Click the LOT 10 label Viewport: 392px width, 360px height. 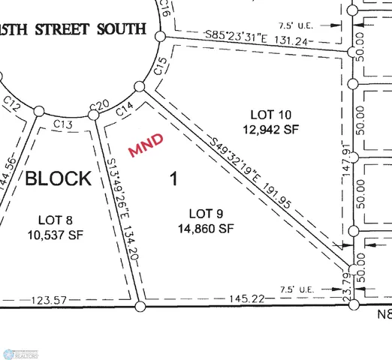[x=271, y=115]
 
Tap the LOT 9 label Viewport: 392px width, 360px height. [x=202, y=212]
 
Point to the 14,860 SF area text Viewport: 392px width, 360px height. [x=202, y=228]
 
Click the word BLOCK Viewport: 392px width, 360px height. [x=59, y=178]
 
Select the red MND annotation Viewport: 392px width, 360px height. [x=146, y=145]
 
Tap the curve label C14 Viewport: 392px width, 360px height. [x=124, y=109]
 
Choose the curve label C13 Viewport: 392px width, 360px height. [x=63, y=123]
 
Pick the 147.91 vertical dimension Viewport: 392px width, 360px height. [x=346, y=159]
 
